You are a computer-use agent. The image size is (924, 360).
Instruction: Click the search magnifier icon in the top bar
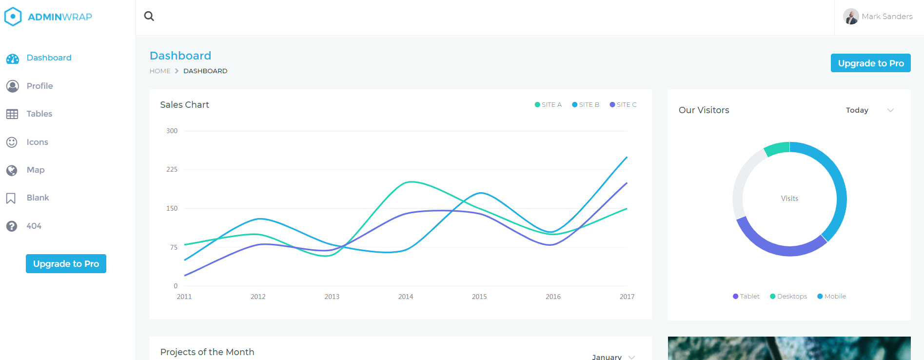coord(149,16)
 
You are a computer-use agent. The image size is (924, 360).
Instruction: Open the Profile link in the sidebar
coord(39,86)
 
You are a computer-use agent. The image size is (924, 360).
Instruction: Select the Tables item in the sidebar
coord(39,114)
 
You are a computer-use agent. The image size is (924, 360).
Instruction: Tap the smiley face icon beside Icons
coord(12,142)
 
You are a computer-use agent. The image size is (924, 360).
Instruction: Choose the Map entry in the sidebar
coord(35,170)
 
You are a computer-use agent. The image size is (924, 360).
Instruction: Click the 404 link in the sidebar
coord(34,226)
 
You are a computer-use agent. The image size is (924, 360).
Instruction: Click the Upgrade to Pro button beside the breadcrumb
coord(870,63)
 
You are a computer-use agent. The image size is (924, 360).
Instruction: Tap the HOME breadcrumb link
coord(160,71)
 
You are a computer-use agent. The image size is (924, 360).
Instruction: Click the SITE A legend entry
coord(549,104)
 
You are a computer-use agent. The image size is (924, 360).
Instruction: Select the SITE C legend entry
coord(623,104)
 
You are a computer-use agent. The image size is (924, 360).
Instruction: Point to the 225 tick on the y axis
coord(172,169)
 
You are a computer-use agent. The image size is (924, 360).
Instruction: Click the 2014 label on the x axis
coord(406,297)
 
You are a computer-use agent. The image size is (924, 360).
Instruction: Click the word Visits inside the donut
coord(789,199)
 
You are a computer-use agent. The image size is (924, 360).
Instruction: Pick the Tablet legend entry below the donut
coord(746,296)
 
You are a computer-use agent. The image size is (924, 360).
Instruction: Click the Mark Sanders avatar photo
coord(851,17)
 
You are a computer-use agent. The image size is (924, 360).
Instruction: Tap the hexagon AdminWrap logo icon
coord(13,17)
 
